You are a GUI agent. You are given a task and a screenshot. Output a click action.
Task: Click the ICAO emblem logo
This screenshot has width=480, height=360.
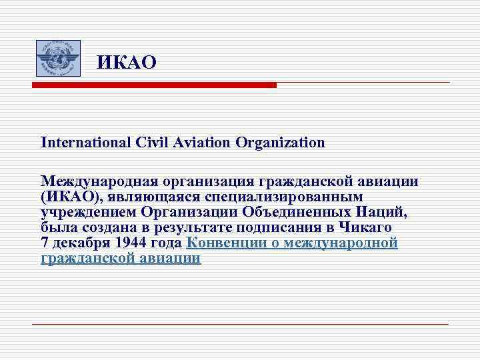pyautogui.click(x=57, y=58)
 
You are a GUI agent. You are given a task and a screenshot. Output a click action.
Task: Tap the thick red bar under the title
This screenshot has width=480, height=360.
pyautogui.click(x=154, y=85)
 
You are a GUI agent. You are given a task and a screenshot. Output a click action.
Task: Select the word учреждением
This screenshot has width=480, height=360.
pyautogui.click(x=88, y=213)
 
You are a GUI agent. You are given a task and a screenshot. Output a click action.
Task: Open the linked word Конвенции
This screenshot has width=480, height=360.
pyautogui.click(x=223, y=243)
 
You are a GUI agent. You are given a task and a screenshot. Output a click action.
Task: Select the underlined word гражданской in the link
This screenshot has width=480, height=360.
pyautogui.click(x=84, y=259)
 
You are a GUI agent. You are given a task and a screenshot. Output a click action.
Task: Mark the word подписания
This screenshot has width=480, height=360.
pyautogui.click(x=294, y=228)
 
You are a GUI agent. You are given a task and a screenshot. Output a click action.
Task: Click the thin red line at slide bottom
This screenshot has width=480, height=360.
pyautogui.click(x=240, y=324)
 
